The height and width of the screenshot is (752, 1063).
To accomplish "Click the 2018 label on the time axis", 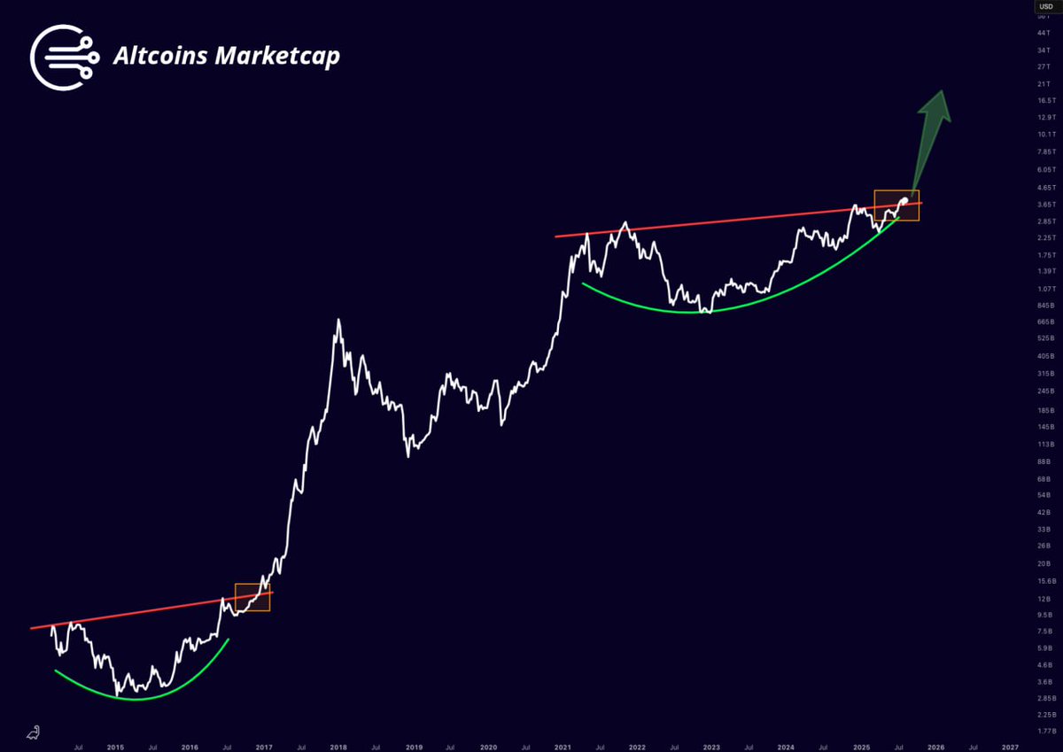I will click(338, 747).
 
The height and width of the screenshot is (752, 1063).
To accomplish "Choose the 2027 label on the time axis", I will click(1011, 747).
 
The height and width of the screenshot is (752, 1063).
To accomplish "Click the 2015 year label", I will click(116, 747).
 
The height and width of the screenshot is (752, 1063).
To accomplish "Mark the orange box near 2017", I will click(252, 597).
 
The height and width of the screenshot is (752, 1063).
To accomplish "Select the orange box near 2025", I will click(896, 205).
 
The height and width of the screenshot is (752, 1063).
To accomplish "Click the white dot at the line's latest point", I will click(904, 200).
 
